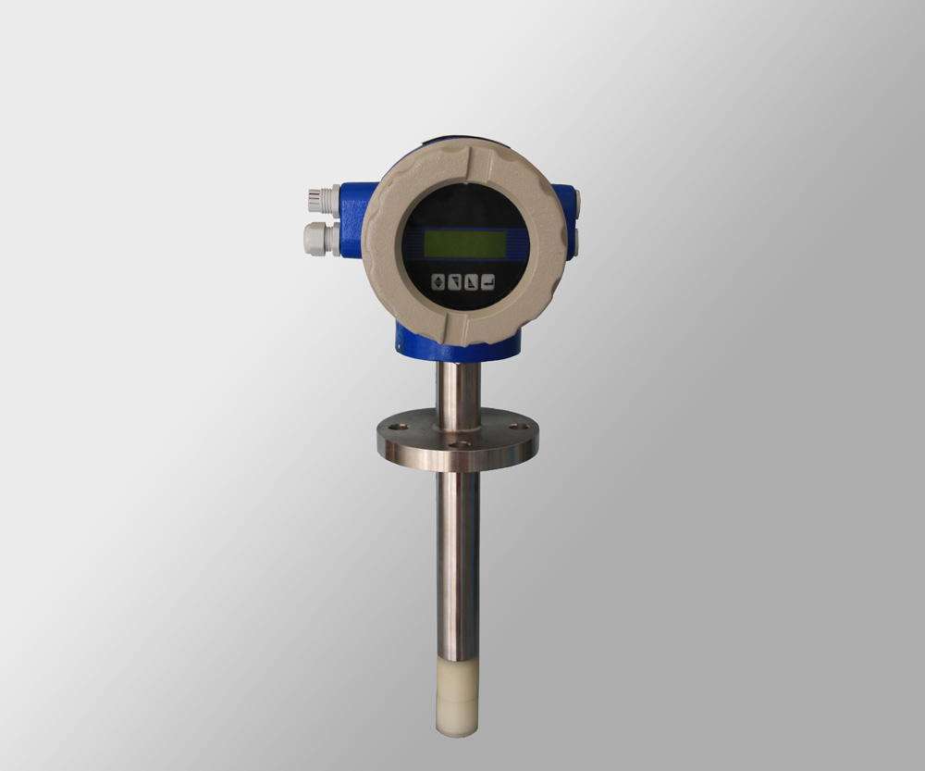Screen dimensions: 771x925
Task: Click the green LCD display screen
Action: click(x=464, y=243)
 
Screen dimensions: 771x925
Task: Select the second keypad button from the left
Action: click(x=455, y=280)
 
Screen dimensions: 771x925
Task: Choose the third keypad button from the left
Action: click(x=473, y=280)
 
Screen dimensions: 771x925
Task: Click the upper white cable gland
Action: click(x=319, y=199)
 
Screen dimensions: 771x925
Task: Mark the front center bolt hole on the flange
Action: click(x=458, y=444)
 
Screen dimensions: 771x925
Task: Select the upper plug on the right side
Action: click(x=575, y=200)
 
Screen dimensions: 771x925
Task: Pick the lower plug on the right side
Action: click(x=574, y=242)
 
